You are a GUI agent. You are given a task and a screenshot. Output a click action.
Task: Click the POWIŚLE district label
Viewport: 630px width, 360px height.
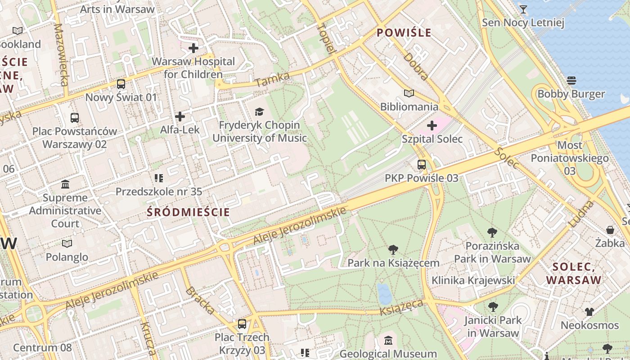(x=404, y=33)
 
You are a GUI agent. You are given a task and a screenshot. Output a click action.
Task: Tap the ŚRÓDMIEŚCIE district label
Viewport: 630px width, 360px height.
(x=189, y=212)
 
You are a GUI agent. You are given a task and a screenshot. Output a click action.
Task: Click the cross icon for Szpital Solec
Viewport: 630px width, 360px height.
(x=432, y=126)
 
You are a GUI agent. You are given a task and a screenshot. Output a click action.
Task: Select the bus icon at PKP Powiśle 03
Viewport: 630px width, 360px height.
(x=422, y=165)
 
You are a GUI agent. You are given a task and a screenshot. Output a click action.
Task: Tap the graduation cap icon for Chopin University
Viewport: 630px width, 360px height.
(x=259, y=112)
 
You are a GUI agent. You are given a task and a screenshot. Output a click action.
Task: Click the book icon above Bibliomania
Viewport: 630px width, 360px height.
(x=409, y=94)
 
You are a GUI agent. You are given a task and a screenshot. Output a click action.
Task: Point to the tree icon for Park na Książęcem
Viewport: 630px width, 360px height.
(x=393, y=250)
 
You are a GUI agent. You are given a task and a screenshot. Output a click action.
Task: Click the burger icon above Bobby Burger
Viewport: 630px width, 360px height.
(x=571, y=81)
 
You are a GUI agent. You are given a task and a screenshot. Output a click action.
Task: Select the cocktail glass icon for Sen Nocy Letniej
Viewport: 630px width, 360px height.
(x=523, y=9)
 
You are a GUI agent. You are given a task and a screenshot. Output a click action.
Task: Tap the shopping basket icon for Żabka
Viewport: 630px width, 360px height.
(x=610, y=230)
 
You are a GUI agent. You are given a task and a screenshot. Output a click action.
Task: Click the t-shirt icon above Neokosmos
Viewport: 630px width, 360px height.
(x=589, y=312)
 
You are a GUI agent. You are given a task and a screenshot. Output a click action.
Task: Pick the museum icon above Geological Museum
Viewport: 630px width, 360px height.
(x=388, y=341)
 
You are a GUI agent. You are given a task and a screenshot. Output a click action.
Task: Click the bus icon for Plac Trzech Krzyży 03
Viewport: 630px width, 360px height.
(x=242, y=324)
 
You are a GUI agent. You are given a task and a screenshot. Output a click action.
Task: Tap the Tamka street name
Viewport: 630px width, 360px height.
(x=272, y=80)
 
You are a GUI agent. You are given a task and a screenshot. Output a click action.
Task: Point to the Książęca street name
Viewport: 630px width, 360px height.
(x=401, y=308)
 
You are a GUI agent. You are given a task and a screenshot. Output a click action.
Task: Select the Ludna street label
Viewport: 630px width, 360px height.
(x=581, y=214)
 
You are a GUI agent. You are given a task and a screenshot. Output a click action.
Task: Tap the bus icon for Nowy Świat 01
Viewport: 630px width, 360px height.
(x=121, y=84)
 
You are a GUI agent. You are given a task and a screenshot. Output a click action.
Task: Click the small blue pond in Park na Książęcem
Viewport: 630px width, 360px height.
(x=384, y=294)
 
